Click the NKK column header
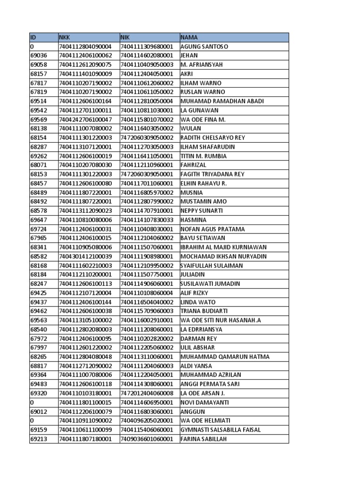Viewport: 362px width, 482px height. pyautogui.click(x=65, y=37)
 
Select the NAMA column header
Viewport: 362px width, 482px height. pyautogui.click(x=189, y=37)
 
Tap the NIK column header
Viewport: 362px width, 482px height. pyautogui.click(x=125, y=37)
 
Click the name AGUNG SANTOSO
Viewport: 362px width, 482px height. pyautogui.click(x=204, y=47)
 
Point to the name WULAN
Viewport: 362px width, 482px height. pyautogui.click(x=190, y=129)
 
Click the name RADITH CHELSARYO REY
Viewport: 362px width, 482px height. pyautogui.click(x=213, y=138)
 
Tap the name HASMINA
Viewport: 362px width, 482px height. pyautogui.click(x=193, y=220)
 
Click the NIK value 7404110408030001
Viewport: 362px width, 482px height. pyautogui.click(x=147, y=229)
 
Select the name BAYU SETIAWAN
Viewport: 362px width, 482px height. pyautogui.click(x=203, y=238)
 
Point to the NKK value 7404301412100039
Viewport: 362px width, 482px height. pyautogui.click(x=85, y=257)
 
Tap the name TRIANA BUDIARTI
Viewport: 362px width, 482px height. pyautogui.click(x=204, y=311)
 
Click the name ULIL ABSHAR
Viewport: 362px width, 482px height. pyautogui.click(x=197, y=348)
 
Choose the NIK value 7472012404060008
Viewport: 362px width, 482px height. pyautogui.click(x=147, y=394)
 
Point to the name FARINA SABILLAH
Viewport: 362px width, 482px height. pyautogui.click(x=204, y=439)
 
